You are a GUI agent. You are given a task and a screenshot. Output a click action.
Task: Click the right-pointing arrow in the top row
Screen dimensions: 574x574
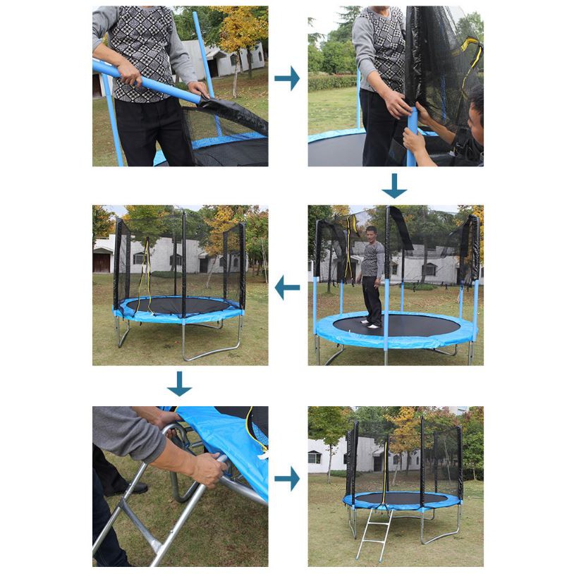(287, 78)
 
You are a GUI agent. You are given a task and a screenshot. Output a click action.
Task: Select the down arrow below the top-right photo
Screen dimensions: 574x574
(394, 186)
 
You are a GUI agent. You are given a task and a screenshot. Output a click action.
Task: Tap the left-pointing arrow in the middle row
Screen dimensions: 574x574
(287, 287)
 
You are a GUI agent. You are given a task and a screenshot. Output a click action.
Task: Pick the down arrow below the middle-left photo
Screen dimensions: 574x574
(179, 384)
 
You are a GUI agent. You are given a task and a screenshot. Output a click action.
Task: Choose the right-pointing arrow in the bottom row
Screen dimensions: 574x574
(287, 480)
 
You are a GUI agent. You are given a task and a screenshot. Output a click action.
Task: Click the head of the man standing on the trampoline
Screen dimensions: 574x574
(371, 233)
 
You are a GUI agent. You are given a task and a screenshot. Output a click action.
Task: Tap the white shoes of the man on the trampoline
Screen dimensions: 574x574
(370, 324)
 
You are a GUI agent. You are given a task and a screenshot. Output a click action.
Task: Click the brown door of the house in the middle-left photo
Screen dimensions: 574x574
(102, 262)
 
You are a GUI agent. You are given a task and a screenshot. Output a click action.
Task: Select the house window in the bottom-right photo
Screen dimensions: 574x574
(315, 458)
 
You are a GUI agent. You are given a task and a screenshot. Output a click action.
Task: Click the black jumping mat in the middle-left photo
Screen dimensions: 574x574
(176, 305)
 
